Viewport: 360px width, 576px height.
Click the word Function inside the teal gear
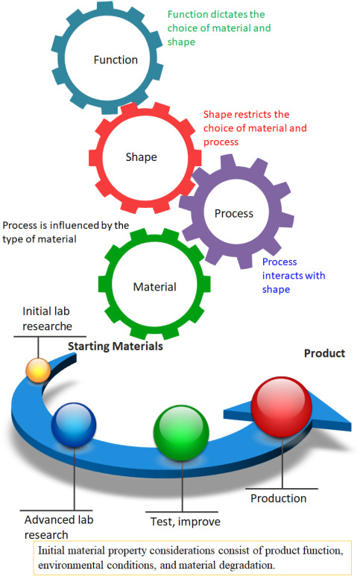point(116,60)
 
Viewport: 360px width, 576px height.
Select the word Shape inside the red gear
point(142,157)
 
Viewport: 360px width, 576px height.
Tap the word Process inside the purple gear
point(234,213)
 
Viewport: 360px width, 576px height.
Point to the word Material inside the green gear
point(154,287)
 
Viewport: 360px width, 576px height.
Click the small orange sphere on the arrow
point(38,370)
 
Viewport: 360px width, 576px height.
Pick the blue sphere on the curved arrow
point(74,425)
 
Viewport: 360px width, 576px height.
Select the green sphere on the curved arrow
point(181,433)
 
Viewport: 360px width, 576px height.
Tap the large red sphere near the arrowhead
point(282,406)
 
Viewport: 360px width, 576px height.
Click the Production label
point(279,499)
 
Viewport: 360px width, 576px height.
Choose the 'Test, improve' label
point(186,522)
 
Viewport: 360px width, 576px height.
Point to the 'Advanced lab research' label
point(59,527)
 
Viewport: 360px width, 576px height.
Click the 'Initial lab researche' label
point(48,318)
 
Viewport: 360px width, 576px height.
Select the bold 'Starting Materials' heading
point(116,346)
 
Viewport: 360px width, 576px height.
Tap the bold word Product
point(324,353)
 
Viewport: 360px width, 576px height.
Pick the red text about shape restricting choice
point(255,128)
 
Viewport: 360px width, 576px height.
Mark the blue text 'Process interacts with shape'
point(294,276)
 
